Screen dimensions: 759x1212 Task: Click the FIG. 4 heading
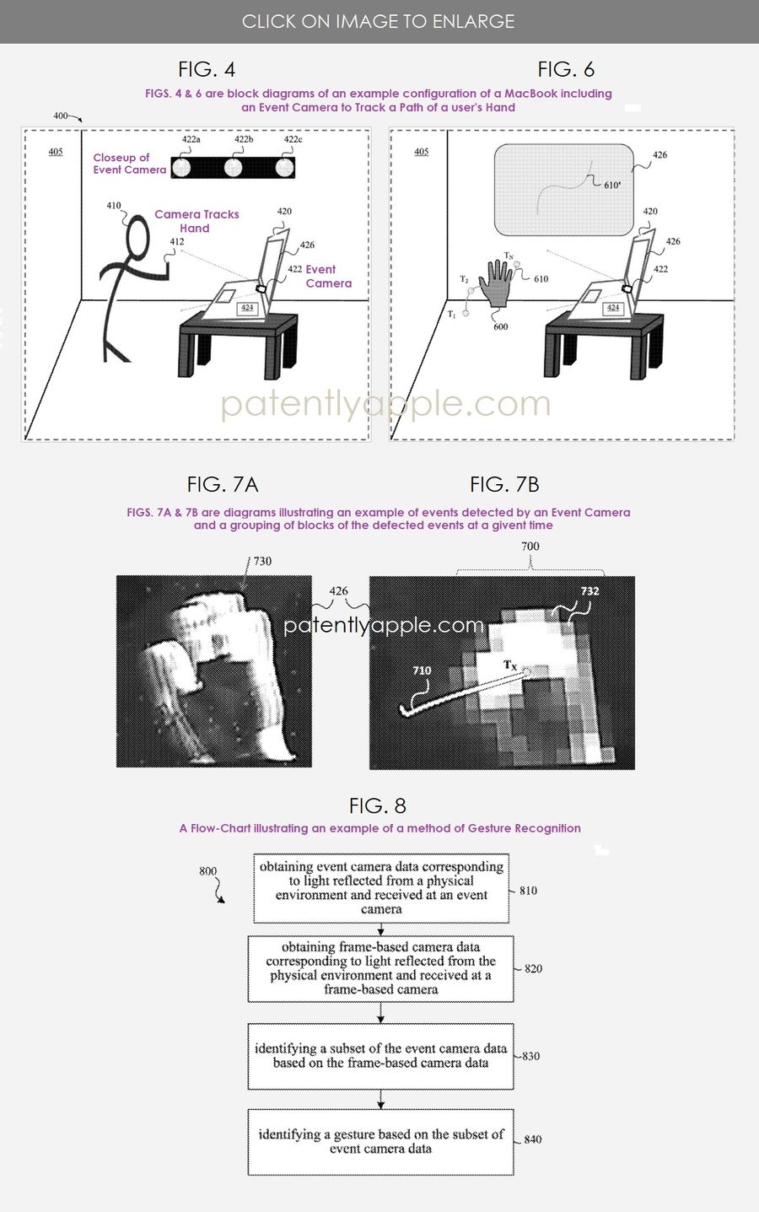(207, 69)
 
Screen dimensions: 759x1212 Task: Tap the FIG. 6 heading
(566, 69)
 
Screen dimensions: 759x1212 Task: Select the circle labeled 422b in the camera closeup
(233, 168)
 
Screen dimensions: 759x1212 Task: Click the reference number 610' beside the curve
(612, 185)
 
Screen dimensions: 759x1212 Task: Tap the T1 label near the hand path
(451, 314)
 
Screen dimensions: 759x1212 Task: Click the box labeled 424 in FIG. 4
(247, 308)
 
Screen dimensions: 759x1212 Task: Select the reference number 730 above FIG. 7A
(262, 561)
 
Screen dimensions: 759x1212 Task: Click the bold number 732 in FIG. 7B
(589, 591)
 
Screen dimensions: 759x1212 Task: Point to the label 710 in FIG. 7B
(422, 671)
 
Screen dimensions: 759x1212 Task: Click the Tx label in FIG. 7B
(510, 665)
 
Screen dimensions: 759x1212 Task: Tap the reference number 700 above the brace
(530, 546)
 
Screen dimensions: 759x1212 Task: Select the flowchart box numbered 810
(381, 888)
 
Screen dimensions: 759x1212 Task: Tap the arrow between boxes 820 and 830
(381, 1012)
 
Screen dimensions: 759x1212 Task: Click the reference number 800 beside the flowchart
(207, 871)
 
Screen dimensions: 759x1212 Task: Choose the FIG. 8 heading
(378, 805)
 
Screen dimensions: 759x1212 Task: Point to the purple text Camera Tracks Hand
(196, 221)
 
